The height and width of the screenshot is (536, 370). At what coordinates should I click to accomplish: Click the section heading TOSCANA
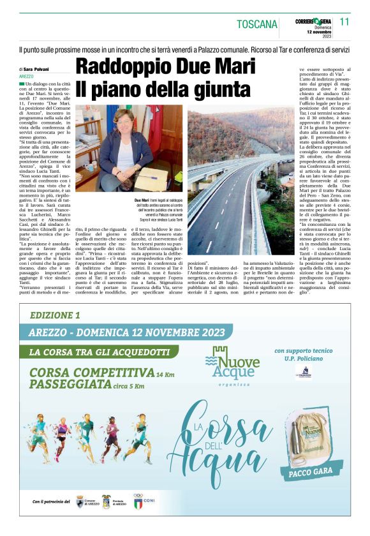(257, 25)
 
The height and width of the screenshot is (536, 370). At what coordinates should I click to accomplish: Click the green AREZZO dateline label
(27, 76)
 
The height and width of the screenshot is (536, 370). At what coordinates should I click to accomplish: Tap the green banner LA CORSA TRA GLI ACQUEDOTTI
(101, 352)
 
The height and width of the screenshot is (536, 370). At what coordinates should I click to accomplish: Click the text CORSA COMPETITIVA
(92, 373)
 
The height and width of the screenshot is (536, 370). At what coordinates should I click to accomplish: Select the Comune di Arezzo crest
(80, 502)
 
